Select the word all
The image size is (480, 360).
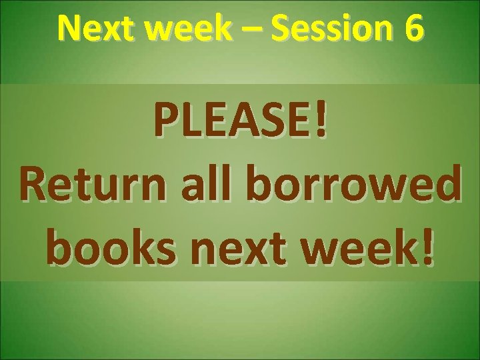[198, 185]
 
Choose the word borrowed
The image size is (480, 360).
[347, 185]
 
